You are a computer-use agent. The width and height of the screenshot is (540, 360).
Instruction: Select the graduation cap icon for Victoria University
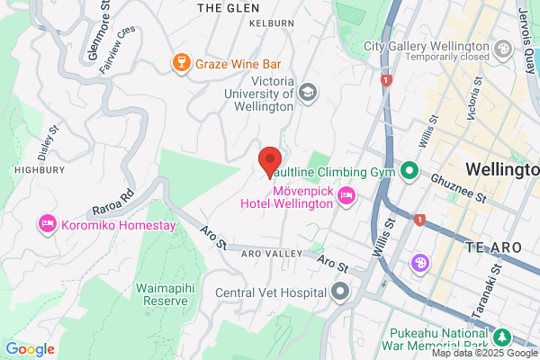point(309,92)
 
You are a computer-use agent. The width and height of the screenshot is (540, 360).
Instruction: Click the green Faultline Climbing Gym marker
point(409,170)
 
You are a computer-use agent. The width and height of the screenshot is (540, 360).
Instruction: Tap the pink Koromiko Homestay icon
point(47,222)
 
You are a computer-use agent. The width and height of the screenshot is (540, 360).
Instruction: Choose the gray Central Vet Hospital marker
point(339,292)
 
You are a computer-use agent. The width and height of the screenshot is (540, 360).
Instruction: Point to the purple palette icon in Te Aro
point(420,263)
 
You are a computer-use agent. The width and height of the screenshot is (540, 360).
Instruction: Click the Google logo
point(30,349)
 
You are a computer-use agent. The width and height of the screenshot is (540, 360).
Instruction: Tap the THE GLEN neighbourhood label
point(221,7)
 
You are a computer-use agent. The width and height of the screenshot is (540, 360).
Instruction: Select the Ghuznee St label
point(462,186)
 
